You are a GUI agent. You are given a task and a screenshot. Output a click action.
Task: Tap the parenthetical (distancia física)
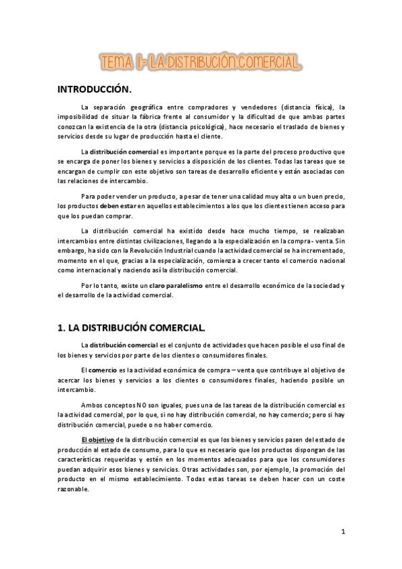[301, 107]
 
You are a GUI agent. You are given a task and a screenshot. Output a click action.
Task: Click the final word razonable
[72, 490]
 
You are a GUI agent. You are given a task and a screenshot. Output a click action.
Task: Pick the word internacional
[92, 271]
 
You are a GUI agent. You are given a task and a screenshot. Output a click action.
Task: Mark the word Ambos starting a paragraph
[92, 405]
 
